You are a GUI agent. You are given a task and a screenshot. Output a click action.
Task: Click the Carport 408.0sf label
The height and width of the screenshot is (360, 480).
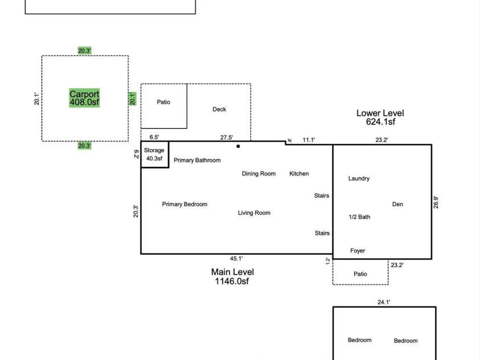[x=84, y=98]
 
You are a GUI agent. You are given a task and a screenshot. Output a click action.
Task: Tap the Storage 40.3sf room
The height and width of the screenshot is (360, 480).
[x=154, y=154]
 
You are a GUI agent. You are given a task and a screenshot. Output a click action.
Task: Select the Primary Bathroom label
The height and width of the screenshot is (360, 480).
[x=197, y=161]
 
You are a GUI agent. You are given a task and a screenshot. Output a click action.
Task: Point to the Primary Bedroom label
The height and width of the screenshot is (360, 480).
[x=184, y=204]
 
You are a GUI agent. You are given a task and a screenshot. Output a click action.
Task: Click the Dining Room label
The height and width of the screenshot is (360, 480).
[x=259, y=174]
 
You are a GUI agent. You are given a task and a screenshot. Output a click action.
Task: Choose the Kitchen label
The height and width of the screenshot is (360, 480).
[x=299, y=174]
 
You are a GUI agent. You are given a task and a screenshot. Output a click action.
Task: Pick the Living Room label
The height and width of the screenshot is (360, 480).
[x=254, y=213]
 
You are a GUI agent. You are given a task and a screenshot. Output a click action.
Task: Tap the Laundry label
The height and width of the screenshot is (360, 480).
[x=359, y=178]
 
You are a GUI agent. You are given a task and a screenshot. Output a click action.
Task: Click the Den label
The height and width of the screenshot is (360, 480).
[x=397, y=204]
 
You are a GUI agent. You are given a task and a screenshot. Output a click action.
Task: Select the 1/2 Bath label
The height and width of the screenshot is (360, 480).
[x=359, y=217]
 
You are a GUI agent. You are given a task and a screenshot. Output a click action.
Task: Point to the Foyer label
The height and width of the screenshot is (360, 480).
[x=358, y=251]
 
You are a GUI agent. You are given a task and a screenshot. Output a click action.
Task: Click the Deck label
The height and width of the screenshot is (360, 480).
[x=219, y=109]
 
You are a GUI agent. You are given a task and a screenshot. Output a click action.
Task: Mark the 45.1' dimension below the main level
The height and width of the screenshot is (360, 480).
[x=236, y=259]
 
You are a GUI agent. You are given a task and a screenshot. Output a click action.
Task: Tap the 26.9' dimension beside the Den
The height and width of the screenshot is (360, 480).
[x=436, y=202]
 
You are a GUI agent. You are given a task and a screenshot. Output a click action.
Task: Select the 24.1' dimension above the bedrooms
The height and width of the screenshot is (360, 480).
[x=384, y=303]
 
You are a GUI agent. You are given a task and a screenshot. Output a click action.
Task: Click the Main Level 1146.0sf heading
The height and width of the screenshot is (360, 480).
[x=232, y=276]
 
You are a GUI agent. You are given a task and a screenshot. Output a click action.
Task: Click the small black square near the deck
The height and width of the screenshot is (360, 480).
[x=238, y=146]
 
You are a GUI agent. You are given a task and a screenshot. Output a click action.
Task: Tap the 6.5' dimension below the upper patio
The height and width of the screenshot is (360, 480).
[x=154, y=137]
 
